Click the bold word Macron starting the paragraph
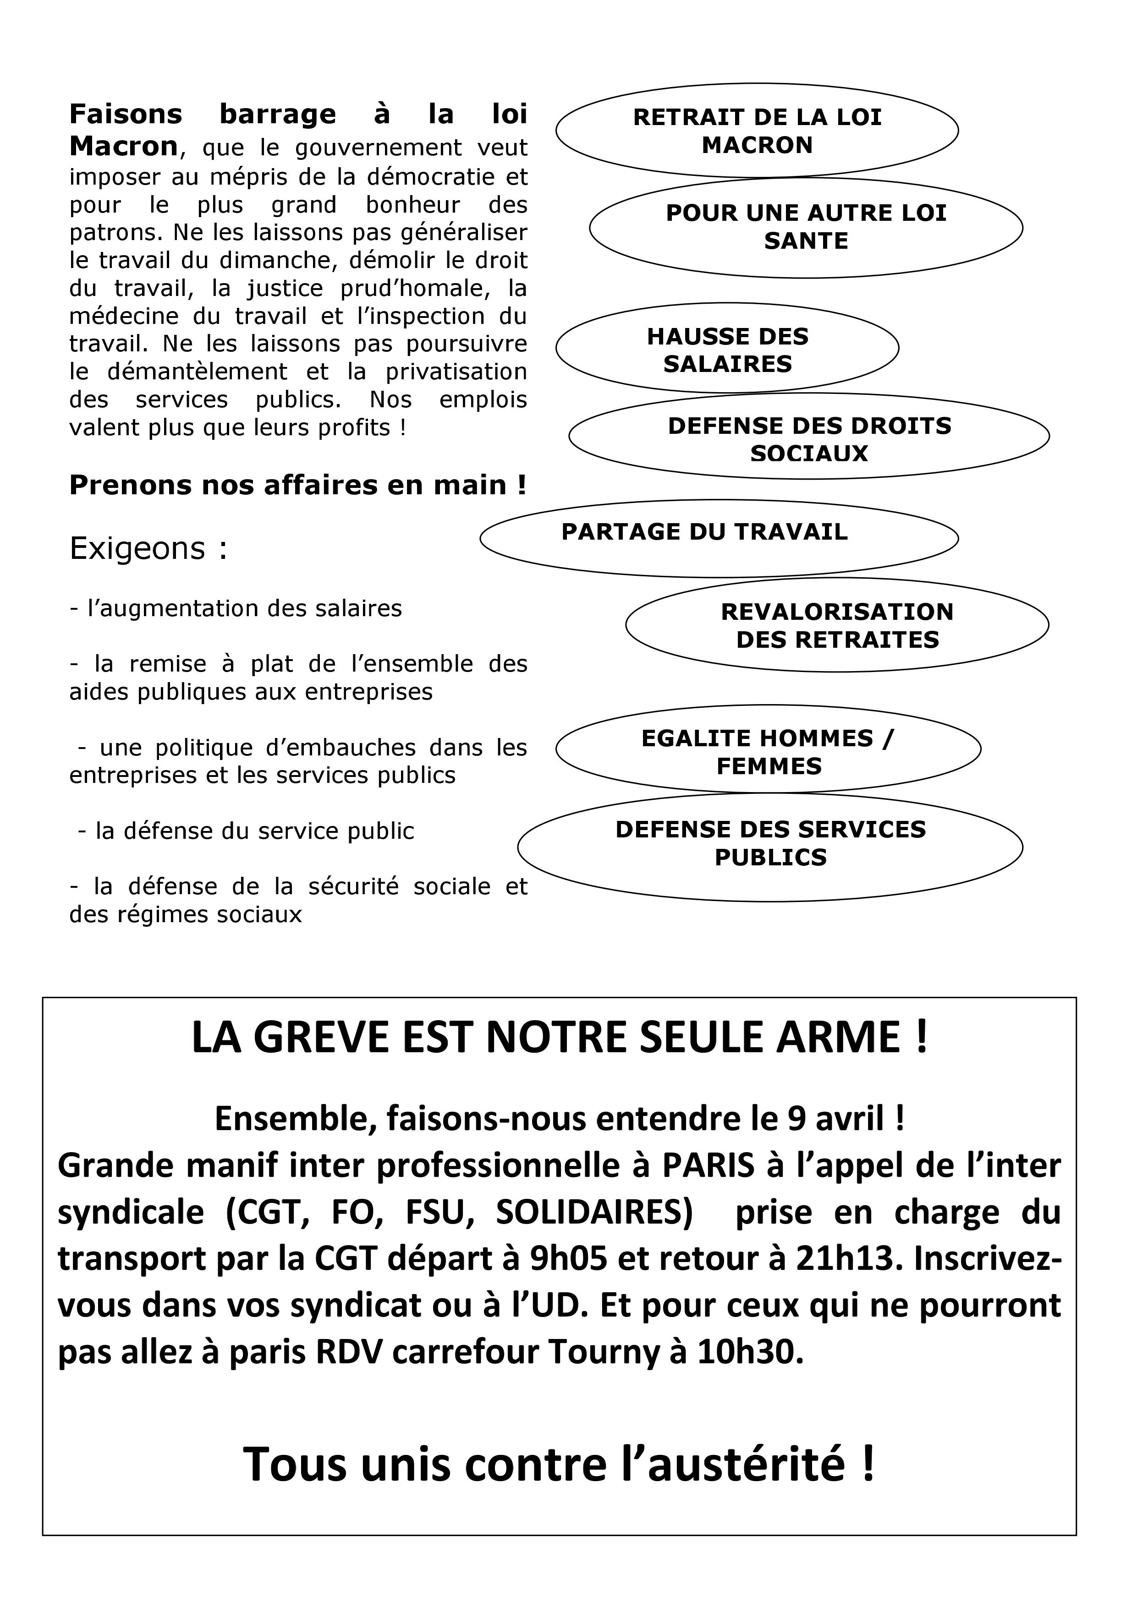123,146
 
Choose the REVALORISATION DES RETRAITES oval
837,625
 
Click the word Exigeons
137,549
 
